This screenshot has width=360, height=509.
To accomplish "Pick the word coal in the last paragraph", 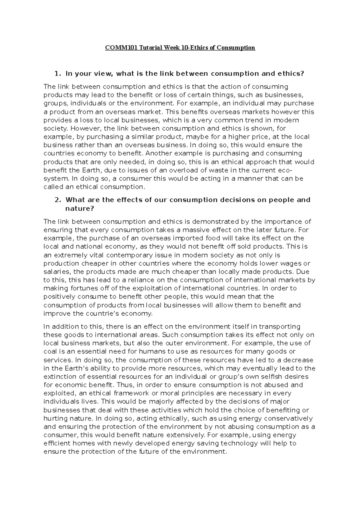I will (50, 352).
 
